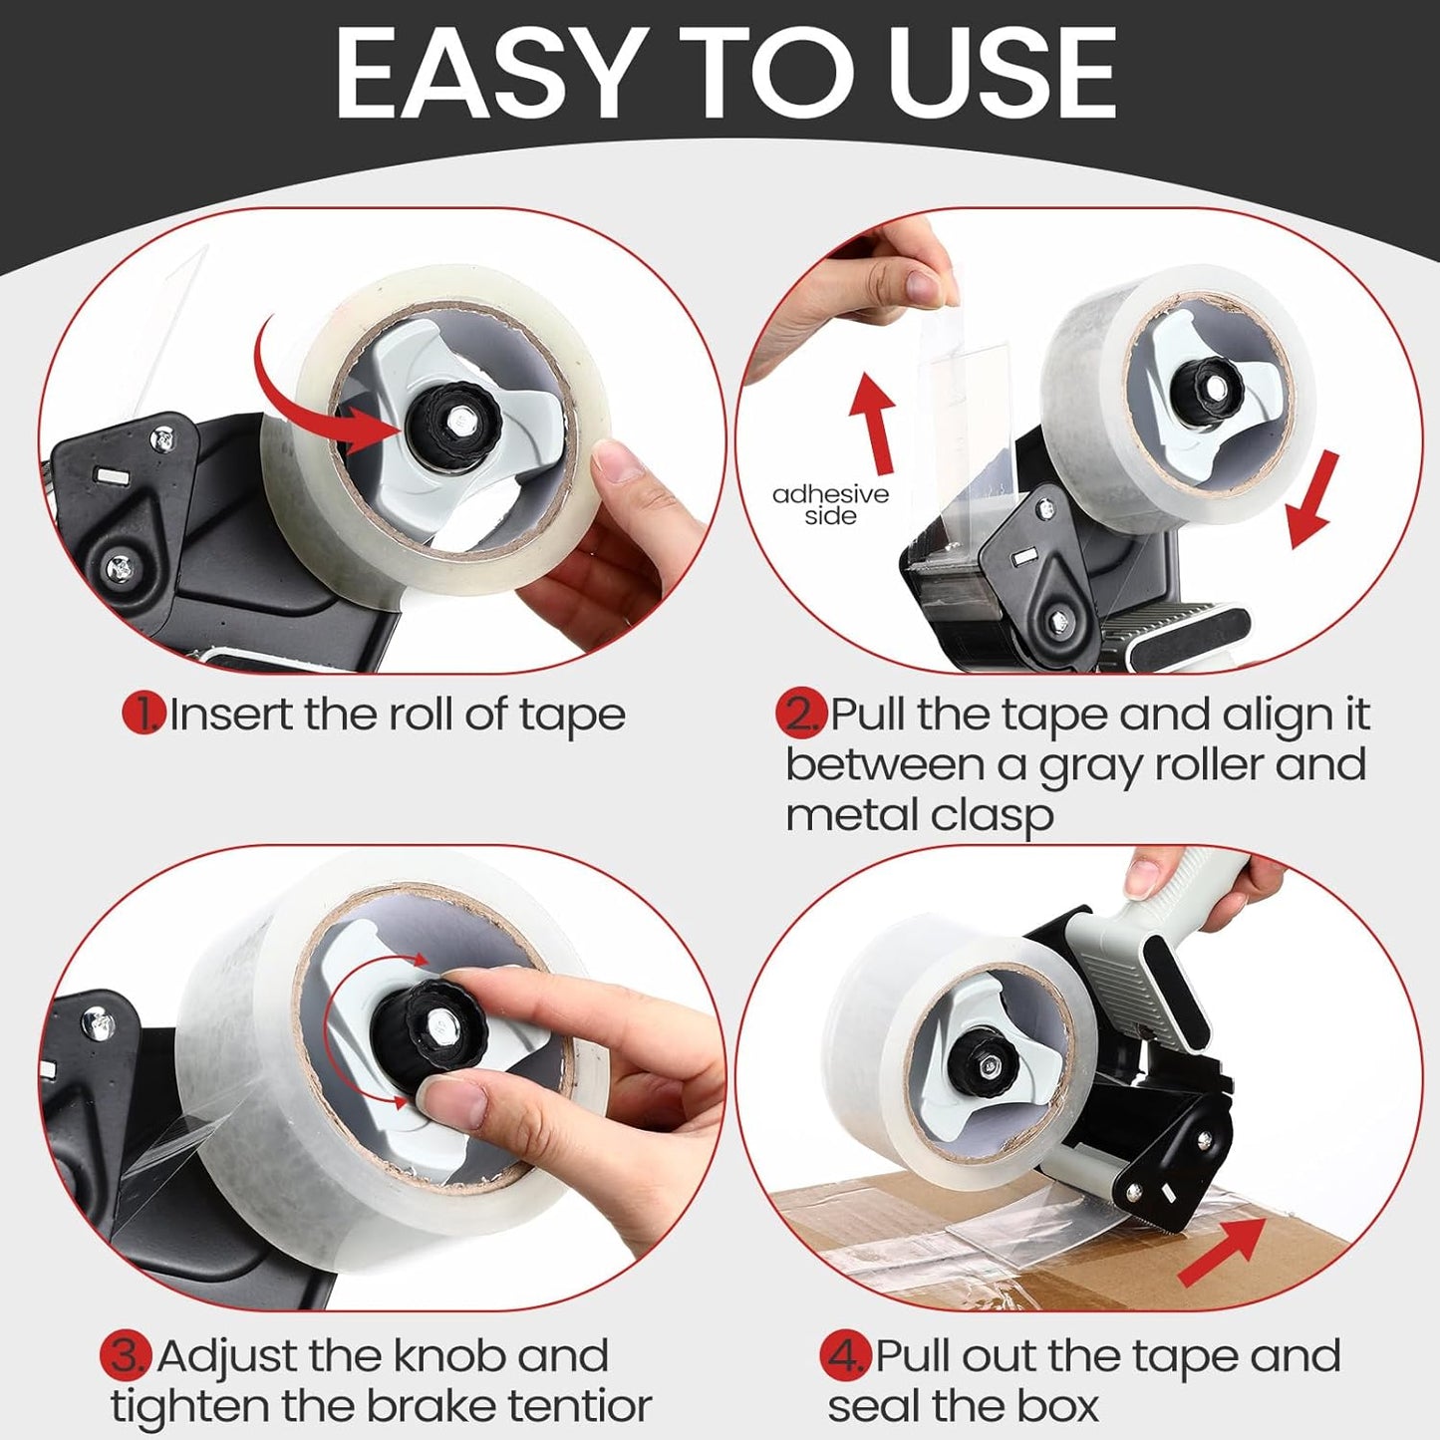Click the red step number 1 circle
pos(144,714)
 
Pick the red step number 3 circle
pos(126,1355)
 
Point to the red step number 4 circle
pos(845,1355)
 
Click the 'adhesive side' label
pos(830,504)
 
